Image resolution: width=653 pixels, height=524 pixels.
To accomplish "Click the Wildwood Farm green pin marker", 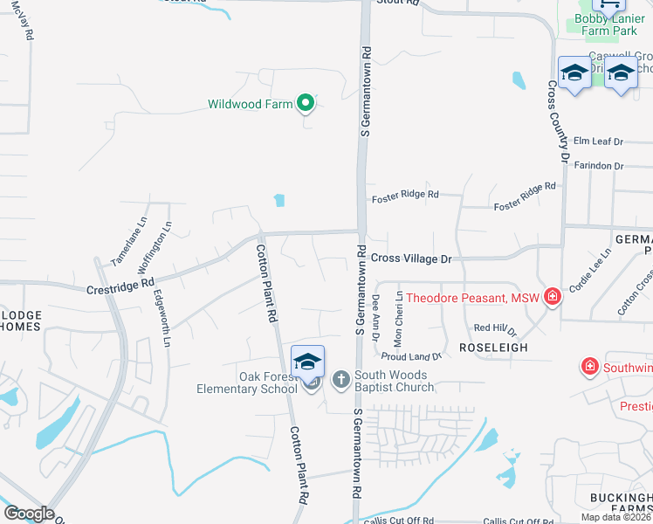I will tap(305, 104).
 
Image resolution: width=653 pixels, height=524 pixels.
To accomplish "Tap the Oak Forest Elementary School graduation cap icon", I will tap(308, 361).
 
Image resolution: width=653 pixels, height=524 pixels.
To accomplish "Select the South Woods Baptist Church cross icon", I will tap(340, 380).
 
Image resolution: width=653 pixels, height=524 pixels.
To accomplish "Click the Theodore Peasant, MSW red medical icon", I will tap(552, 298).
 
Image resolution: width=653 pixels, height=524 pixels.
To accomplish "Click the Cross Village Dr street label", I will tap(410, 259).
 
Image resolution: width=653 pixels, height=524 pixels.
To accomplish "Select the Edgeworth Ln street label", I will tap(162, 312).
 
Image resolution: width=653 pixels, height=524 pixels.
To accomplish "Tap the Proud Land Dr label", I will tap(412, 356).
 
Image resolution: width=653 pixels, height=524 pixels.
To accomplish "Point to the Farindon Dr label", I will tap(598, 165).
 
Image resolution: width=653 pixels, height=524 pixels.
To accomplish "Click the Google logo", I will tap(28, 514).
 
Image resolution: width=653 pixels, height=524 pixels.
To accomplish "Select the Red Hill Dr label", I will tap(495, 329).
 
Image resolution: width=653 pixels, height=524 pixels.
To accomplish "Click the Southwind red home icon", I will tap(590, 365).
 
